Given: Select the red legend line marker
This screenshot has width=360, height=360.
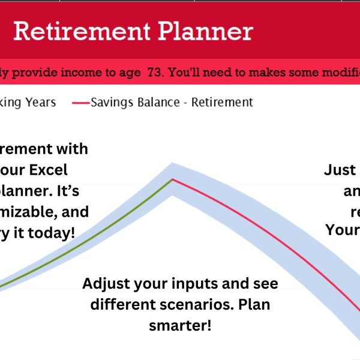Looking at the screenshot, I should (80, 103).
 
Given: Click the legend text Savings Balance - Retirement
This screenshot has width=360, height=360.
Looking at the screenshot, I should (172, 103).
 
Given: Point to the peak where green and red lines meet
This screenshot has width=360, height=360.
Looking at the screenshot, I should (172, 179).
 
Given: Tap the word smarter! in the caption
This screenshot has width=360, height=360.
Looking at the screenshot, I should (179, 326).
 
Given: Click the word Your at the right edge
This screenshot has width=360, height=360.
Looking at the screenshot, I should (343, 230).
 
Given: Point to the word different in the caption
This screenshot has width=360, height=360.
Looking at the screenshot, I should (121, 305).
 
